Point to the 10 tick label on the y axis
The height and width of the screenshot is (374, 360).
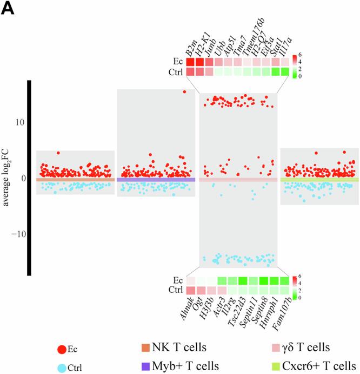pos(19,122)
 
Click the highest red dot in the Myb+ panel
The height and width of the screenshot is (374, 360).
pos(184,92)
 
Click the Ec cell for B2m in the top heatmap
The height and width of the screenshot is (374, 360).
pos(191,62)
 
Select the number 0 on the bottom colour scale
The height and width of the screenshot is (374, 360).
pos(300,298)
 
